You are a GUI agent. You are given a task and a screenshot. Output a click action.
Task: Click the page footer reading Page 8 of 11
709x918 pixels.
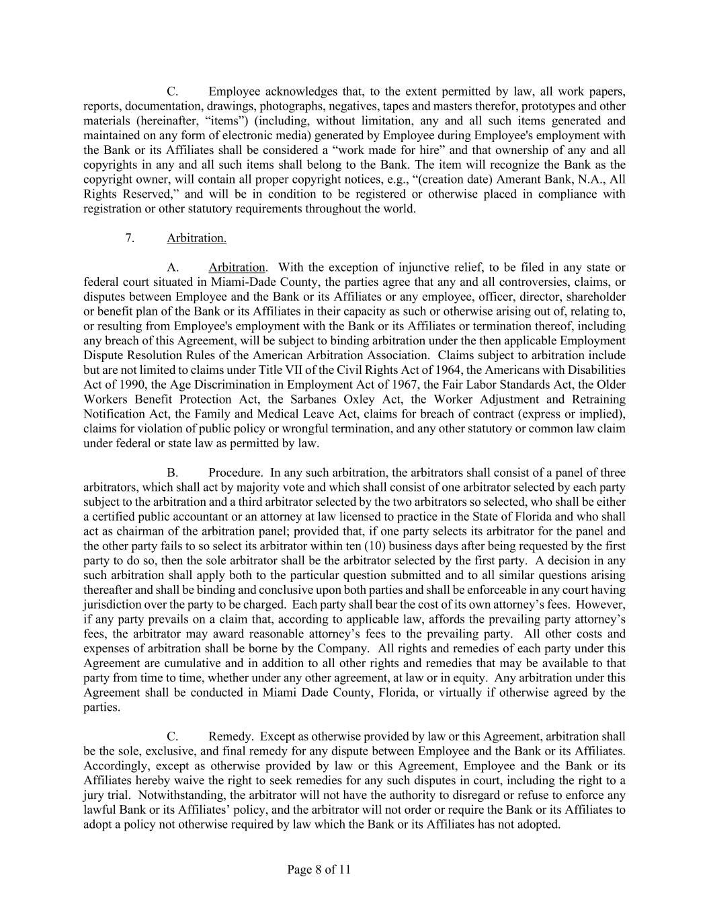coord(319,870)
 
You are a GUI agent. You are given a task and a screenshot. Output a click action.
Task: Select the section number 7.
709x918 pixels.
coord(130,238)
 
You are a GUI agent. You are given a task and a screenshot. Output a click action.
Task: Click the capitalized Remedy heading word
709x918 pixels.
coord(231,736)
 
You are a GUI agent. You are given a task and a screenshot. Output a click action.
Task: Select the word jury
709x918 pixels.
coord(95,795)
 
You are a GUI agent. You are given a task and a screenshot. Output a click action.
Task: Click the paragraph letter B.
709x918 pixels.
coord(172,473)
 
